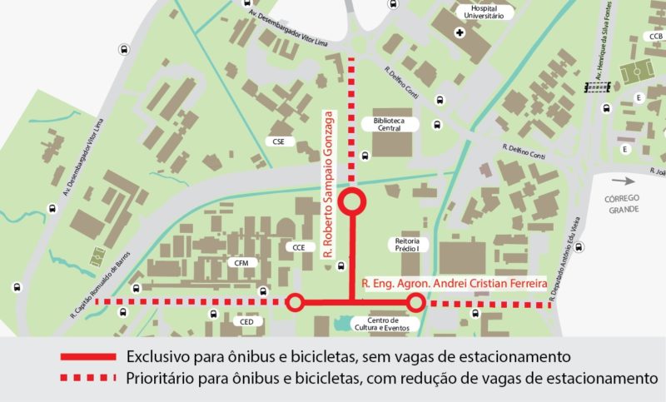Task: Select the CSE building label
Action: [278, 141]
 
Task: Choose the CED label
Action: [246, 321]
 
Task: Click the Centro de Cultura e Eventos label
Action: [382, 325]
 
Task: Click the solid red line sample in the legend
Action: [87, 357]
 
